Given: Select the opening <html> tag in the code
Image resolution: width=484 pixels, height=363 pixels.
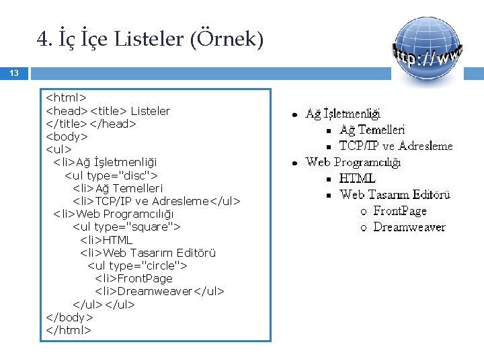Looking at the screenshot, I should pyautogui.click(x=66, y=98).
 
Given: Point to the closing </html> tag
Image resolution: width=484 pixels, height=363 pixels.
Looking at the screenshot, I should pyautogui.click(x=68, y=330).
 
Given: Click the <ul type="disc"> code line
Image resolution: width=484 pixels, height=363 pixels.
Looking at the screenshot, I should pyautogui.click(x=111, y=175).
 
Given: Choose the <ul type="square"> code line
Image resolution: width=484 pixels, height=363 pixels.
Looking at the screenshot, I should pyautogui.click(x=126, y=227).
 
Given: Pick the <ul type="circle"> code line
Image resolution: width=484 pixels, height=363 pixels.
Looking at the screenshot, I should pyautogui.click(x=137, y=266).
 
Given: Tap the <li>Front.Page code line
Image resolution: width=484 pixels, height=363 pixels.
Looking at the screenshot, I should pyautogui.click(x=134, y=278).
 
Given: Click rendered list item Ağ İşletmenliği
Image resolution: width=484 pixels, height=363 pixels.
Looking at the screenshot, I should pyautogui.click(x=343, y=114).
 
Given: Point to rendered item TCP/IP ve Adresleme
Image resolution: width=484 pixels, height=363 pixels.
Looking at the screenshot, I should pyautogui.click(x=396, y=146).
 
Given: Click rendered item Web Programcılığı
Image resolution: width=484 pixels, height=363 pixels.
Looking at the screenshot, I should pyautogui.click(x=353, y=162).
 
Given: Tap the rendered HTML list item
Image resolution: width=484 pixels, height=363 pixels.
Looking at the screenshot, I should pyautogui.click(x=357, y=178).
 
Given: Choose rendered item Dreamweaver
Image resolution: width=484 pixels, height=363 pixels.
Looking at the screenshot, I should pyautogui.click(x=409, y=227).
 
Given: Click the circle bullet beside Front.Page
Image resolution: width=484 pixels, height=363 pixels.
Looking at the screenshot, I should pyautogui.click(x=363, y=212).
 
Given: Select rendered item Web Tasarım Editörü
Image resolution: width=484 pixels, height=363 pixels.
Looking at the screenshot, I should pyautogui.click(x=395, y=195).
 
